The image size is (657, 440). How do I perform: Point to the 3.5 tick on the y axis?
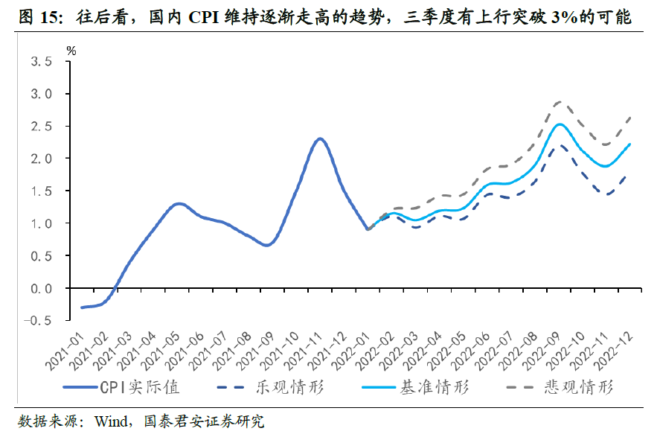coord(41,62)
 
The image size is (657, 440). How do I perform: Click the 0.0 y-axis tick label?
coord(41,288)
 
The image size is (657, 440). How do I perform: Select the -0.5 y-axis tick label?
coord(36,320)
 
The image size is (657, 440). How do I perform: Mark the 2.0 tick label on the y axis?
coord(41,159)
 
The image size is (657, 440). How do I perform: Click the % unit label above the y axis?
coord(71,51)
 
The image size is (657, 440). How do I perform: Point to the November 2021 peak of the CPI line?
coord(320,138)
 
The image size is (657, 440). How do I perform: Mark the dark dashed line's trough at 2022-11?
coord(608,194)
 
